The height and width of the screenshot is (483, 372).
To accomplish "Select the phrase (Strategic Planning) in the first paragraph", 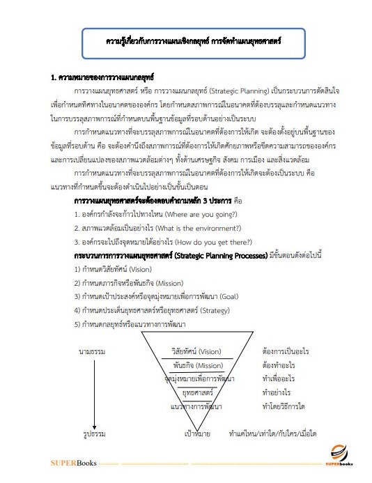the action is (x=247, y=90).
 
